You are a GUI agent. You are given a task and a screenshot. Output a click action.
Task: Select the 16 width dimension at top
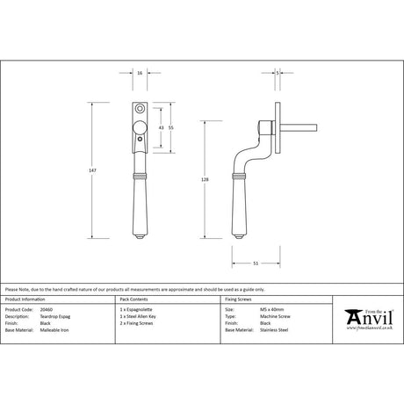click(x=141, y=74)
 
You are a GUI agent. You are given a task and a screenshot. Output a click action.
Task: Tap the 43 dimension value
click(x=161, y=128)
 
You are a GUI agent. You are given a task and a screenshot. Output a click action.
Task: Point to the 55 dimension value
click(x=172, y=128)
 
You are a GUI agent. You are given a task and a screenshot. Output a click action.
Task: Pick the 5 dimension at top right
click(x=278, y=74)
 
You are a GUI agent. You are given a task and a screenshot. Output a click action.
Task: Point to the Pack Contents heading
click(x=133, y=299)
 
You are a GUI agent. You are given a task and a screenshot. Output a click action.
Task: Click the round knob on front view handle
click(x=141, y=131)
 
